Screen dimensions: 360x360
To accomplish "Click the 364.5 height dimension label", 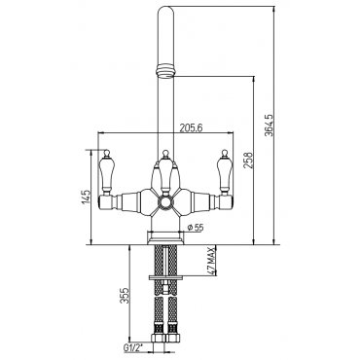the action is (268, 125).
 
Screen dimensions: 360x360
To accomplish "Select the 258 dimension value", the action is (247, 160).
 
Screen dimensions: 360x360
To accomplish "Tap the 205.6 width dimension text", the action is (191, 128).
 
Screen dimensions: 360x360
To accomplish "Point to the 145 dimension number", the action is (86, 198).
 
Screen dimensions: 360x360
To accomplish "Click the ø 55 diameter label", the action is (196, 228).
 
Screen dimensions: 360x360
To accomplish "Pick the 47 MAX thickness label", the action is (211, 261).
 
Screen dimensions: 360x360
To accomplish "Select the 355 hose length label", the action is (125, 296).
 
